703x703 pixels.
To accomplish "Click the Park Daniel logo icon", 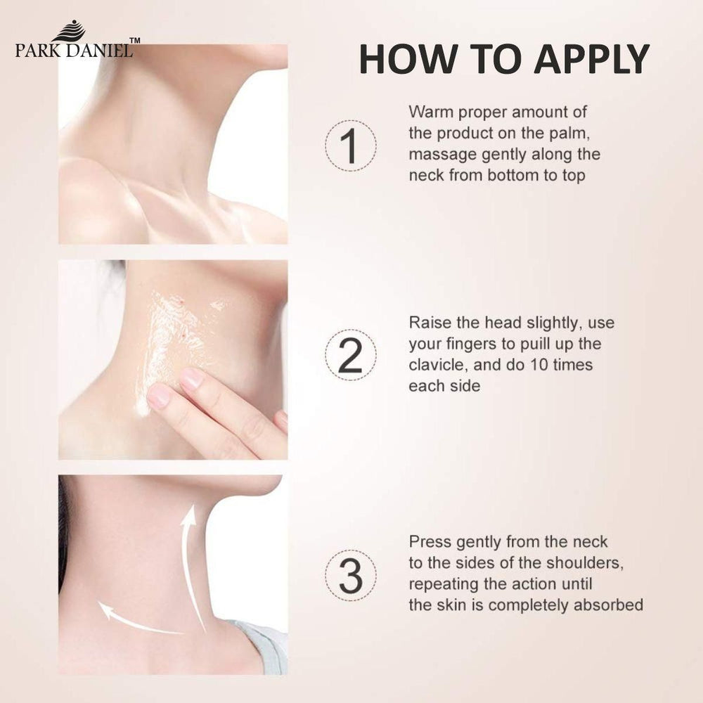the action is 69,31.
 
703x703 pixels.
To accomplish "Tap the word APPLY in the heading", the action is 592,59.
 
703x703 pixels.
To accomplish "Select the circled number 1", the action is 351,146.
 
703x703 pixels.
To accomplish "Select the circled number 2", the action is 351,356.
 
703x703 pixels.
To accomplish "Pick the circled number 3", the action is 351,576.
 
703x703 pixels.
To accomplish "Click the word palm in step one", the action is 569,133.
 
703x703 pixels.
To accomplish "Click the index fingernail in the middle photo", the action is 192,379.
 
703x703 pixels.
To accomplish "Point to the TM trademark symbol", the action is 134,40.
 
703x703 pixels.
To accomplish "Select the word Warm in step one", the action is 430,112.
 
